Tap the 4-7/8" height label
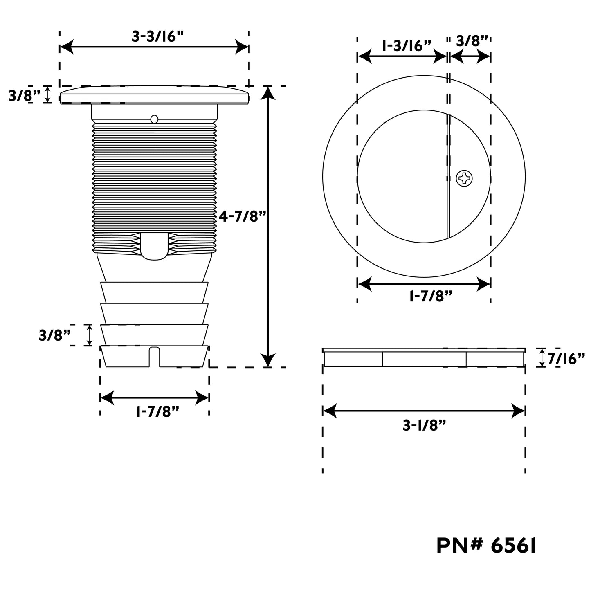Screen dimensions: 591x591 click(242, 216)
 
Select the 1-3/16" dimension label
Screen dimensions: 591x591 click(407, 46)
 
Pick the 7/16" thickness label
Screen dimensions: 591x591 click(566, 359)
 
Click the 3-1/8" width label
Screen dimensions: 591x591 click(424, 425)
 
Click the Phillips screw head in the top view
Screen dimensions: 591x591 click(464, 178)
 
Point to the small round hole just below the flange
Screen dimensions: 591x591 click(154, 119)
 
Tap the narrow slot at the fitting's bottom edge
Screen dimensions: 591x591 click(154, 357)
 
